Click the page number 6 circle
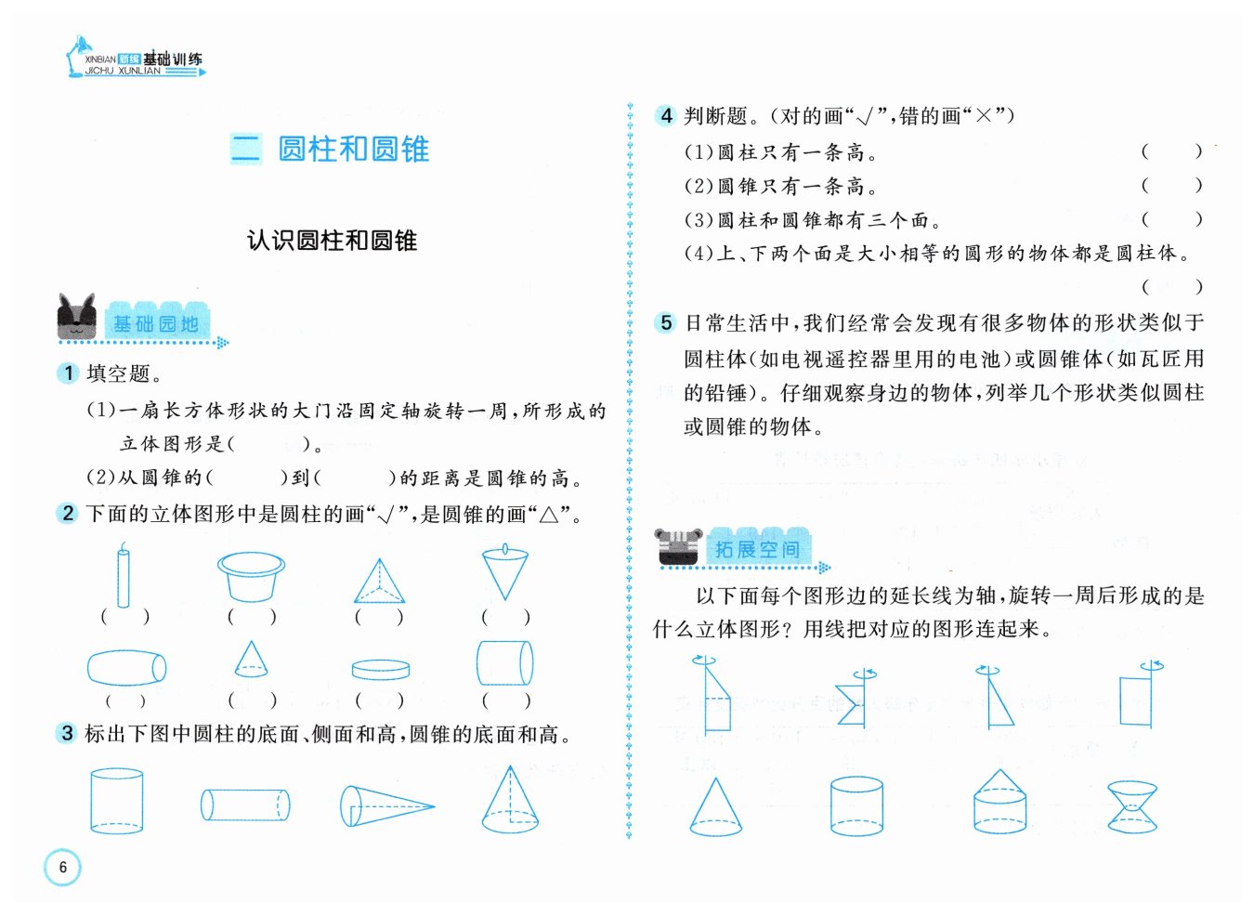pos(62,868)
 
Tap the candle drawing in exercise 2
pos(124,575)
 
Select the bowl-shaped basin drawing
pos(252,577)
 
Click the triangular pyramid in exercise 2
pos(379,581)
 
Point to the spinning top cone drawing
pos(505,571)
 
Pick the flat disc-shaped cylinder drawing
pos(381,670)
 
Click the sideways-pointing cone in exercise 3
pos(386,806)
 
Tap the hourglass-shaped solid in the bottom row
pos(1132,806)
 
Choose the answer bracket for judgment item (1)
pos(1171,151)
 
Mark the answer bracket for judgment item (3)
pos(1171,219)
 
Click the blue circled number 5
pos(666,323)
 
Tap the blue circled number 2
pos(68,513)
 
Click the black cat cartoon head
pos(77,317)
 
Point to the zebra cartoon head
pos(678,546)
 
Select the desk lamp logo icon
pos(78,56)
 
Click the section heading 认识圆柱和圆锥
pos(332,241)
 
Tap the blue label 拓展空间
pos(757,550)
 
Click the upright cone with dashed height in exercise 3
pos(510,800)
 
